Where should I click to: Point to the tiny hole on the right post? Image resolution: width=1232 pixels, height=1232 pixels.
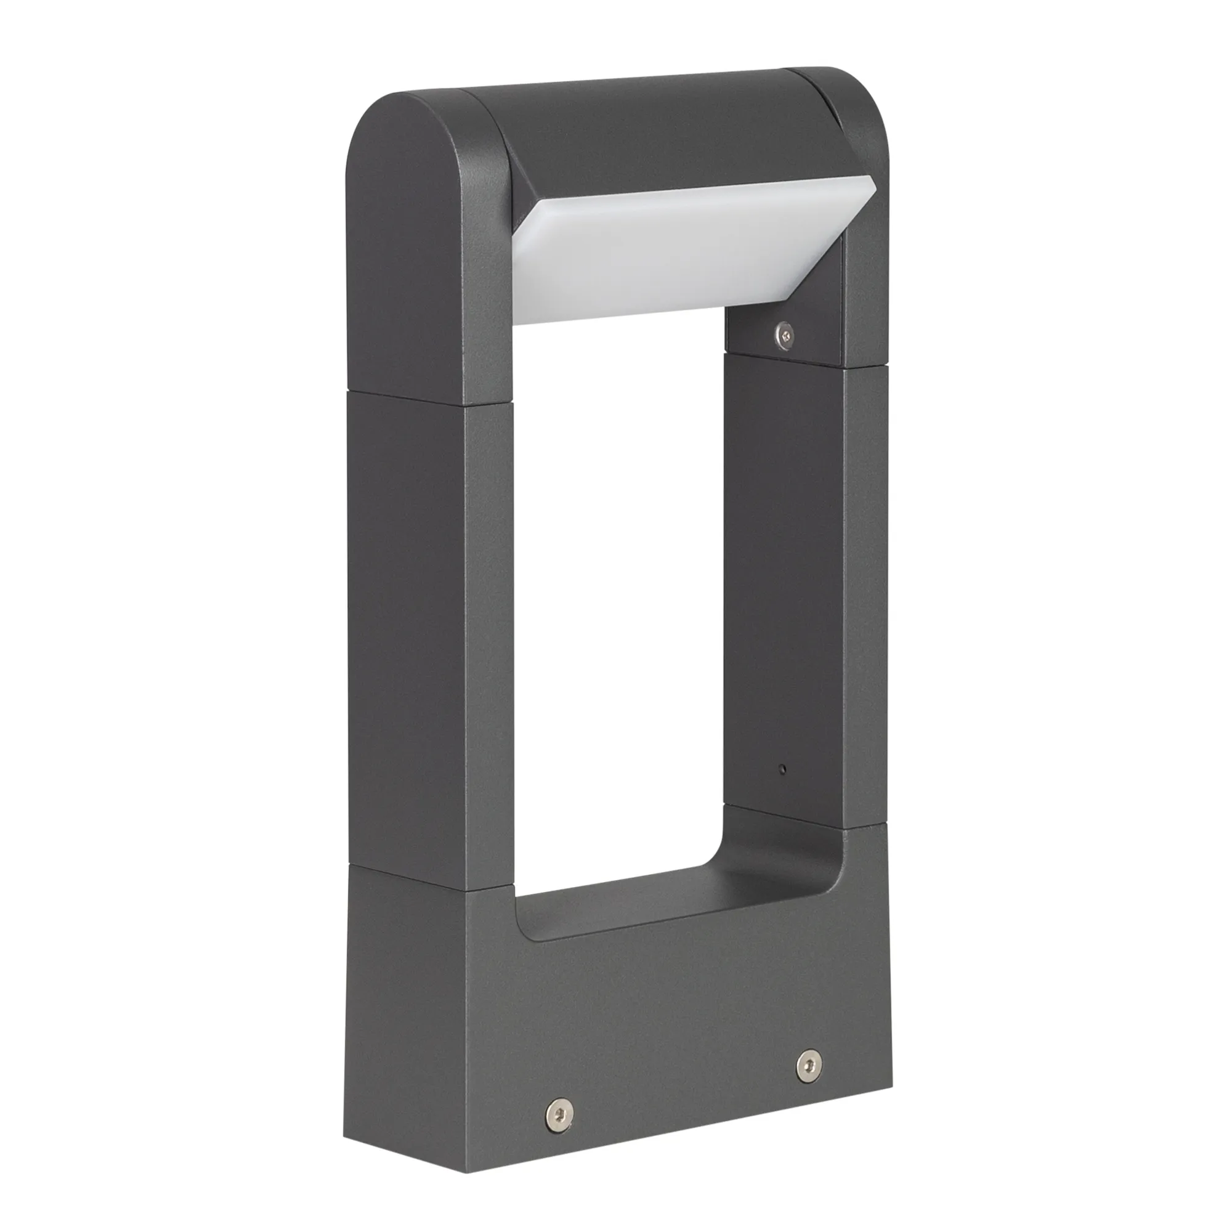point(784,769)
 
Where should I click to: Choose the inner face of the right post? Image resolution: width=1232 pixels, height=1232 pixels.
point(784,574)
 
